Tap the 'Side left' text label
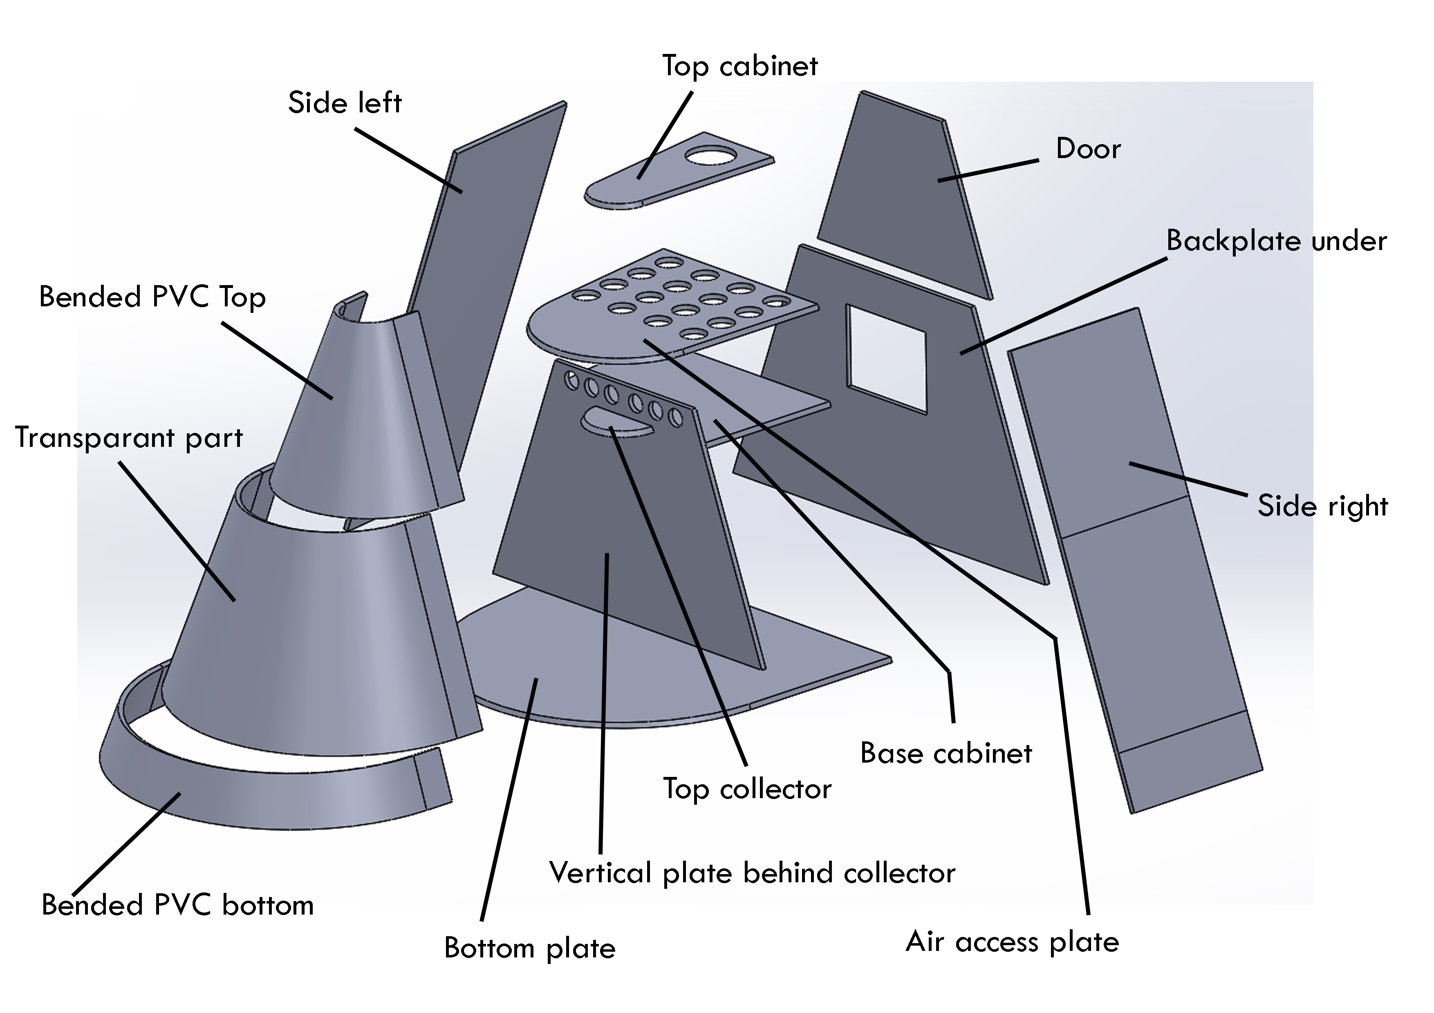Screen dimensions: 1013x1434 pyautogui.click(x=344, y=103)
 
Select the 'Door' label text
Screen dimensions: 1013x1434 pyautogui.click(x=1088, y=149)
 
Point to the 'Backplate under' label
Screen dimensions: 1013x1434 pyautogui.click(x=1276, y=241)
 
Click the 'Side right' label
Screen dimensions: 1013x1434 pyautogui.click(x=1322, y=506)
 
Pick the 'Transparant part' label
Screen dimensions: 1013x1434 pyautogui.click(x=129, y=437)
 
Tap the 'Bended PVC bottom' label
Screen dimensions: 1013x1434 pyautogui.click(x=177, y=905)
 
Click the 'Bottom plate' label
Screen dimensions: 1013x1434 pyautogui.click(x=530, y=948)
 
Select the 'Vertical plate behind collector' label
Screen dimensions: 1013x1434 pyautogui.click(x=752, y=872)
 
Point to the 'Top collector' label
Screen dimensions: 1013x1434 pyautogui.click(x=747, y=789)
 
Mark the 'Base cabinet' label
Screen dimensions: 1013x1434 pyautogui.click(x=946, y=753)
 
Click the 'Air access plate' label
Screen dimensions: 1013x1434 pyautogui.click(x=1012, y=941)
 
